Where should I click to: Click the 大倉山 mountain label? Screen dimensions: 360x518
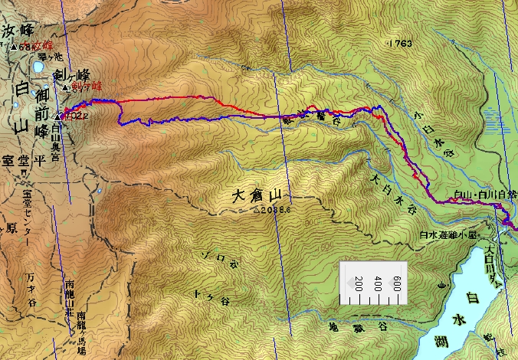coord(258,196)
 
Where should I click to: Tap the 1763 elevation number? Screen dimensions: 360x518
coord(401,44)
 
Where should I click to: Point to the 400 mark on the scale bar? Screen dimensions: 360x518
coord(377,283)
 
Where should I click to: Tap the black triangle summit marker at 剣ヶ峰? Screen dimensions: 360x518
coord(64,88)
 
